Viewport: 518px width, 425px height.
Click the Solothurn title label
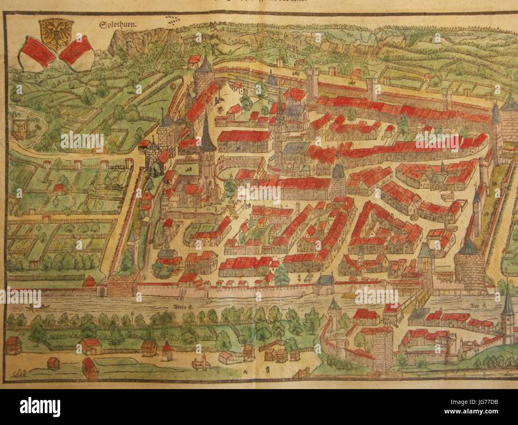click(x=118, y=24)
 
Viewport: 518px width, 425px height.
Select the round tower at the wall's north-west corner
click(x=203, y=76)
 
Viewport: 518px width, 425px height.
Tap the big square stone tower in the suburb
click(x=383, y=343)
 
